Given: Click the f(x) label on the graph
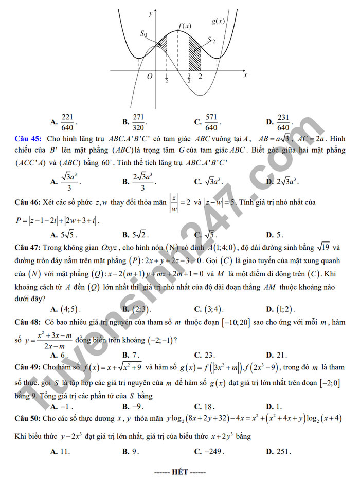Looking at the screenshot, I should [x=185, y=26].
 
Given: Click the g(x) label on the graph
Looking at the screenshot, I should [x=218, y=22].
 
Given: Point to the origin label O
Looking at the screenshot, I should [x=150, y=77].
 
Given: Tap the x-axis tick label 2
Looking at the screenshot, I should [x=200, y=77].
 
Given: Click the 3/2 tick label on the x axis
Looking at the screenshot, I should [x=189, y=78].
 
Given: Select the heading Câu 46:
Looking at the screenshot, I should [x=29, y=202].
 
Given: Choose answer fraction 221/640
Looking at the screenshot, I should [x=68, y=122].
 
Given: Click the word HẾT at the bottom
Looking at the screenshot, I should [x=180, y=471].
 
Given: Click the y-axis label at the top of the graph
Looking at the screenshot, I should [x=150, y=14].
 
